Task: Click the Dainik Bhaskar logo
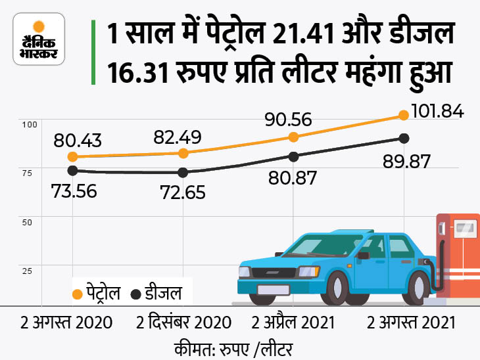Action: coord(39,39)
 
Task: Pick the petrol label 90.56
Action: coord(289,120)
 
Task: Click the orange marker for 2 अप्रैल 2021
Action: coord(294,137)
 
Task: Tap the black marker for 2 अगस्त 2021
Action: coord(404,138)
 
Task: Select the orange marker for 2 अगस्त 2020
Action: coord(73,156)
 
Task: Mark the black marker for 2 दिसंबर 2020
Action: coord(183,172)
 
